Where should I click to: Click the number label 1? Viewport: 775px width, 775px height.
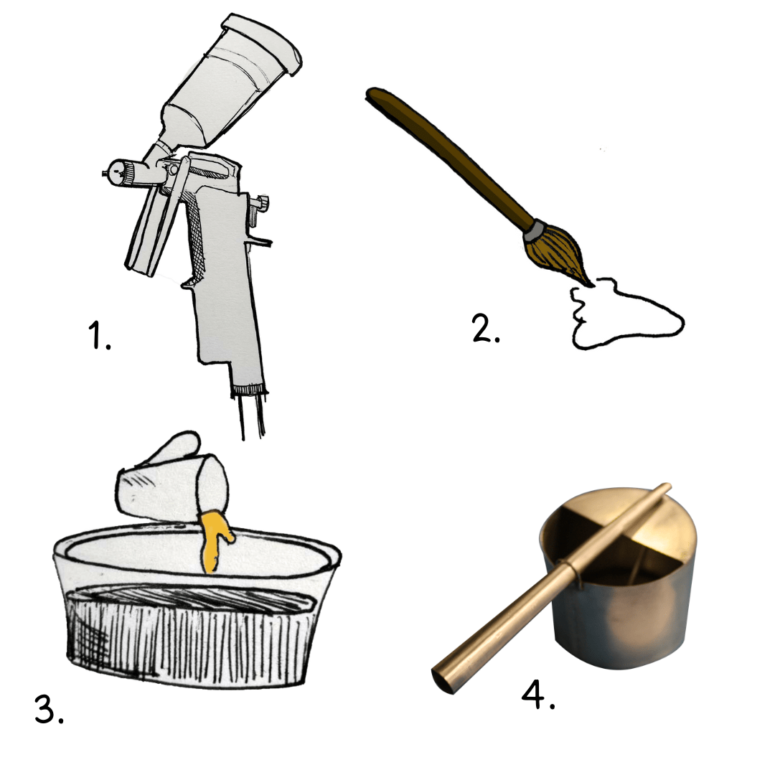[99, 335]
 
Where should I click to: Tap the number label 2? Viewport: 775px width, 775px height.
[486, 328]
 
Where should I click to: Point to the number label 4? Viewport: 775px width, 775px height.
[538, 695]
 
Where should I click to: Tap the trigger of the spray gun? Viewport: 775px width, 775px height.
[151, 217]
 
